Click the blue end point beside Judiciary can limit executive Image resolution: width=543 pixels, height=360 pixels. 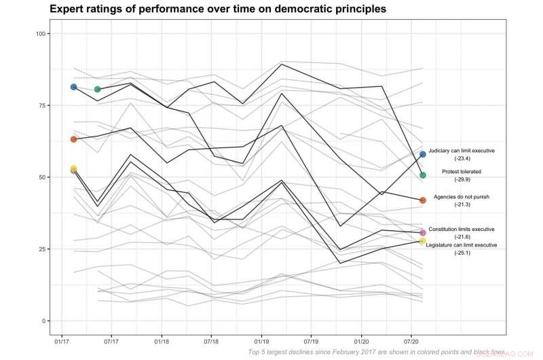[422, 155]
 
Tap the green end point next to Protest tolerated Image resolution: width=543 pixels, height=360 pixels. [422, 175]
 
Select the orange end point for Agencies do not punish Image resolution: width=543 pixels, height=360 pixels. [422, 200]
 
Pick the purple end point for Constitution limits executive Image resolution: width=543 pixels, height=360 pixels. [422, 233]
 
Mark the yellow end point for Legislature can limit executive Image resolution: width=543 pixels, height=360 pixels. [422, 241]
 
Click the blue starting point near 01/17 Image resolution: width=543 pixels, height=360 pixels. [73, 87]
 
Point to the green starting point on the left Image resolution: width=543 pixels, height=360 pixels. [97, 89]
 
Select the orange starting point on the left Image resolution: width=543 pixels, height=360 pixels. [73, 139]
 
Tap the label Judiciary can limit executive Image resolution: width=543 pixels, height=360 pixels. [462, 150]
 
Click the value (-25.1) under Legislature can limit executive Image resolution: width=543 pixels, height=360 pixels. [462, 253]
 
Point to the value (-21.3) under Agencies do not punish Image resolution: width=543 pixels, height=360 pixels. [462, 204]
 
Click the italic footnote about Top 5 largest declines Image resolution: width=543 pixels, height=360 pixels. [377, 353]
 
